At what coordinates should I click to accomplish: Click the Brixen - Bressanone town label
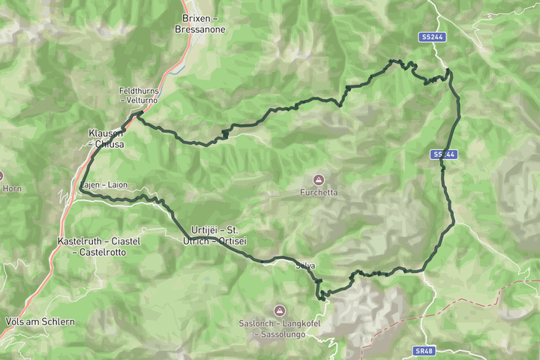click(203, 23)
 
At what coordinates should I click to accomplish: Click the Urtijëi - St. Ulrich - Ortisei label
click(214, 235)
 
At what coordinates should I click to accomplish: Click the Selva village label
click(305, 265)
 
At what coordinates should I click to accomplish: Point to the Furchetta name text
click(319, 193)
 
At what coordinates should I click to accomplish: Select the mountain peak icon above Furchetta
click(319, 180)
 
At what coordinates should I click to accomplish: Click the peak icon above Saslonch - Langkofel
click(279, 310)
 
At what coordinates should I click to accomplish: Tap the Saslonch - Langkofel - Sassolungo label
click(279, 327)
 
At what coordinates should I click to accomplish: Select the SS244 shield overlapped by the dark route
click(444, 154)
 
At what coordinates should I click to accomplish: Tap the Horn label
click(12, 189)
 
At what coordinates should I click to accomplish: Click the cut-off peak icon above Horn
click(2, 177)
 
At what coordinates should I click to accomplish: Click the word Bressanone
click(203, 29)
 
